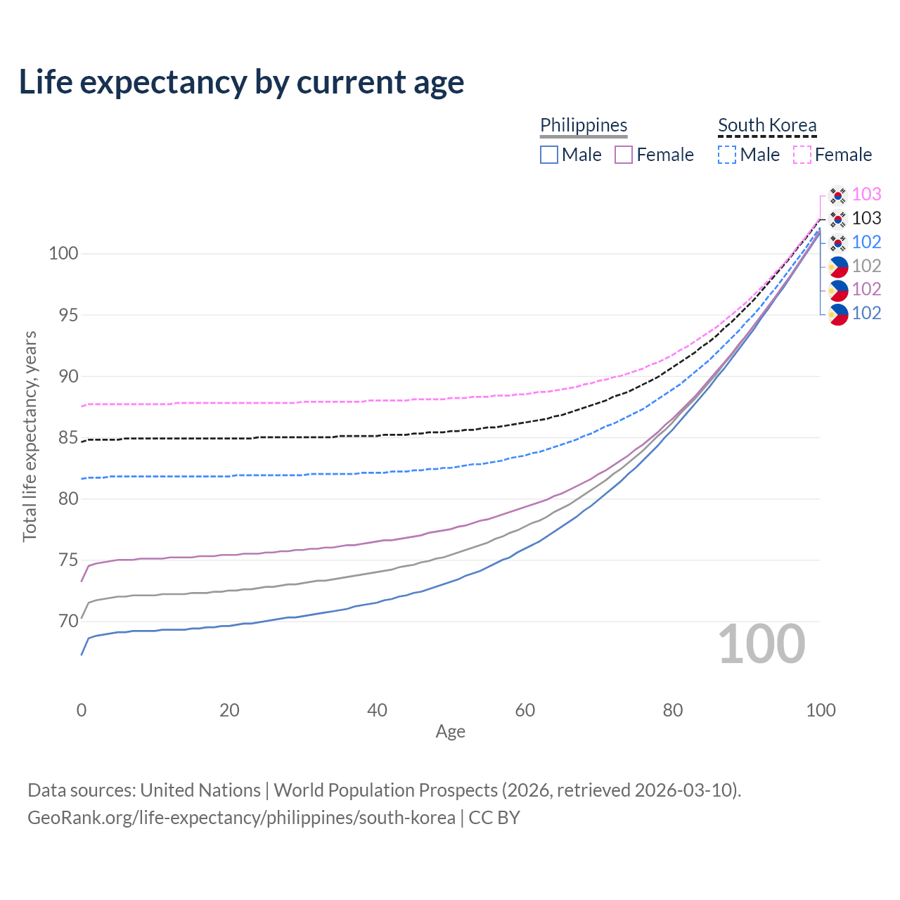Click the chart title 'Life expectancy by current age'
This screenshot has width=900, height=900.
click(241, 82)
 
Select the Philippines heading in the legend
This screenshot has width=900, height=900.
click(584, 125)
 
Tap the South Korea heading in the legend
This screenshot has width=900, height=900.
click(767, 125)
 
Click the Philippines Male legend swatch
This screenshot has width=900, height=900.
click(549, 155)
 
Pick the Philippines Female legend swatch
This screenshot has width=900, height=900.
click(624, 155)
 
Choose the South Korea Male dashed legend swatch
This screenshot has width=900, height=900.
click(727, 155)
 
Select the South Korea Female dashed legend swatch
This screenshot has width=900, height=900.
click(802, 155)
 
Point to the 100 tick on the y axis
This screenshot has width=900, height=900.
click(63, 253)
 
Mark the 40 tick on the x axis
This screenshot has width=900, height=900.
click(378, 710)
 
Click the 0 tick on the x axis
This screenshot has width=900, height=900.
click(82, 710)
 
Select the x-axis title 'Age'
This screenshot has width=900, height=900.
click(451, 732)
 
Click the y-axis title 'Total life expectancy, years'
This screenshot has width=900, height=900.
click(30, 437)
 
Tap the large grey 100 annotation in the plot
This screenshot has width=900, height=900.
click(761, 644)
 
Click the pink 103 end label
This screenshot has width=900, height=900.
click(866, 194)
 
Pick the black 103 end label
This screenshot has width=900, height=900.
click(866, 218)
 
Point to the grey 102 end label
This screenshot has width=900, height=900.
click(866, 266)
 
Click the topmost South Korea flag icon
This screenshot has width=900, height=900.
click(837, 195)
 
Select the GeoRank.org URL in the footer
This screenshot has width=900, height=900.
click(241, 818)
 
